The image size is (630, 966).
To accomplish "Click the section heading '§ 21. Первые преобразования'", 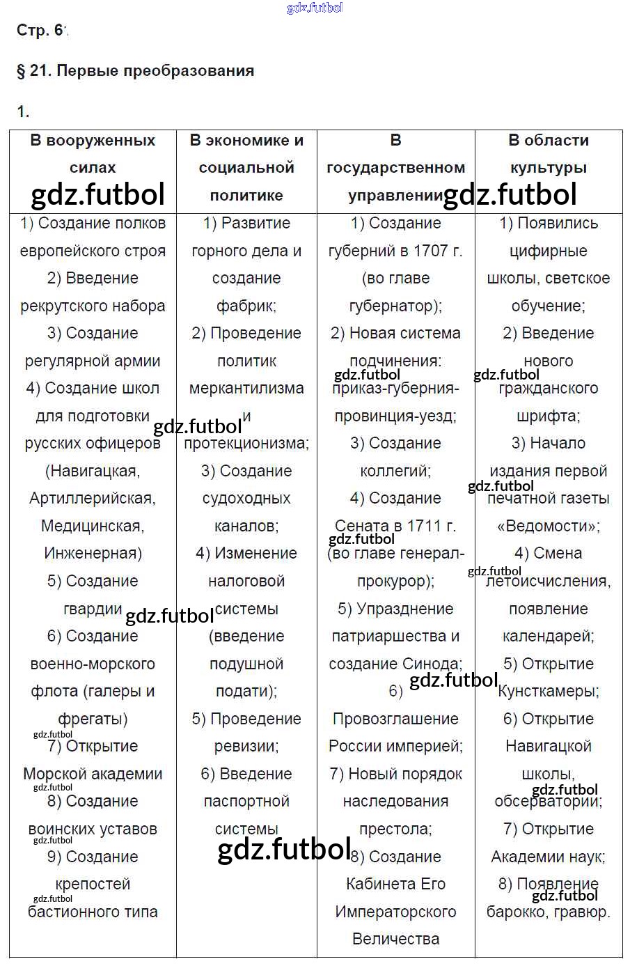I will pos(135,70).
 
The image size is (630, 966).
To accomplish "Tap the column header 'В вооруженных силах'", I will pos(93,153).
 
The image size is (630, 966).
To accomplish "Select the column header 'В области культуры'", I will pos(549,153).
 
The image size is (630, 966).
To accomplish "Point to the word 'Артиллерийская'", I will pos(91,499).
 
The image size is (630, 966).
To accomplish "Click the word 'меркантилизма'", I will pos(246,389).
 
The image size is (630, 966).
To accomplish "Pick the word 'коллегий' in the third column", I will pos(394,472).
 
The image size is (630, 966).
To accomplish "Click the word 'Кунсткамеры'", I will pos(549,692).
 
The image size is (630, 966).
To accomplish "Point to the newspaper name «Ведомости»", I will pos(548,526).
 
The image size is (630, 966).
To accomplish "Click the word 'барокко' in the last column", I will pos(514,912).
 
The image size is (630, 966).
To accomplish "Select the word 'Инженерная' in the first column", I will pos(92,554).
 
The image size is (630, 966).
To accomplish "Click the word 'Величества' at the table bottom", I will pos(395,939).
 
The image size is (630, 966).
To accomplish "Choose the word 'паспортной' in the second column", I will pos(246,802).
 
